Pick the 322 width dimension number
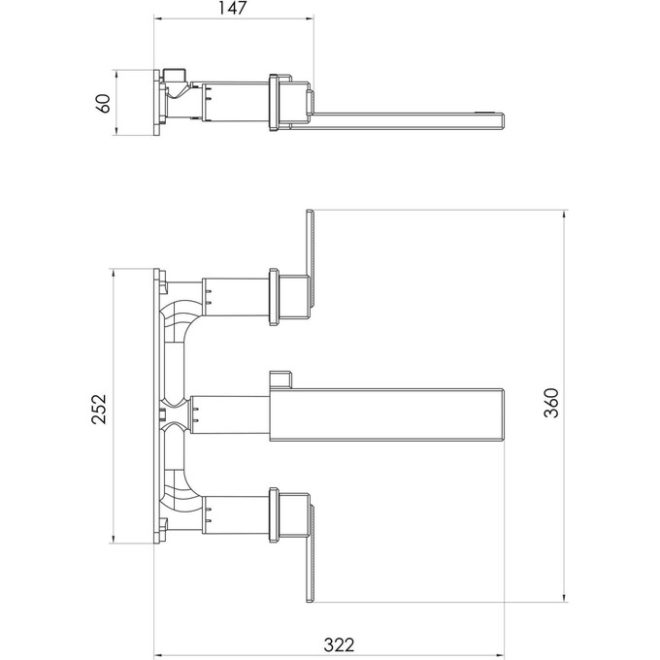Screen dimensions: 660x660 coord(339,643)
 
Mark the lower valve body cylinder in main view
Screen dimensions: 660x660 coord(233,514)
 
